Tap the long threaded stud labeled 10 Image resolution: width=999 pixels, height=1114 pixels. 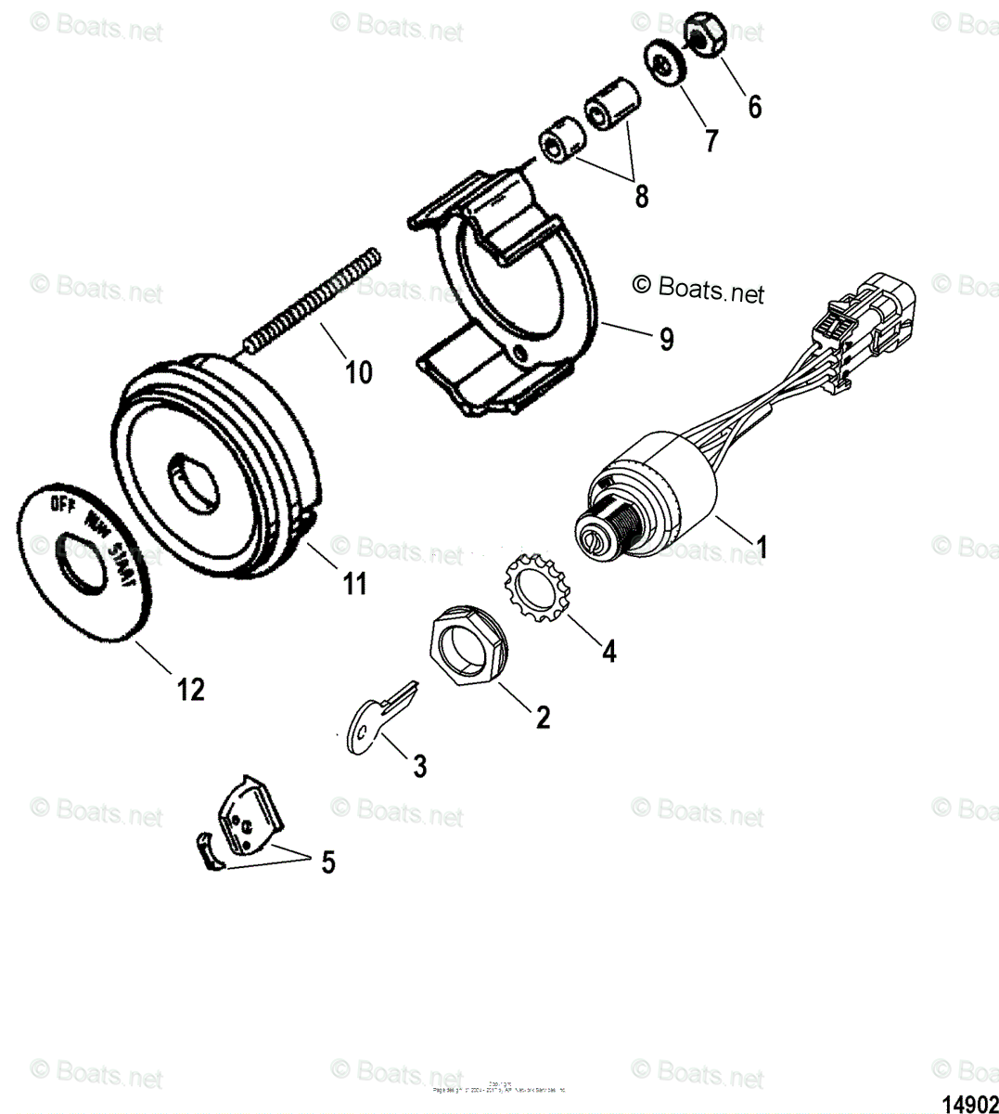click(312, 301)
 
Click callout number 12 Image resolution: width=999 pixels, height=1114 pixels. click(191, 690)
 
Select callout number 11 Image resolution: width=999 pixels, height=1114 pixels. click(355, 584)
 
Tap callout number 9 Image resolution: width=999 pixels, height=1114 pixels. click(666, 340)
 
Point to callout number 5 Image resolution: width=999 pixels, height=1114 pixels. click(327, 862)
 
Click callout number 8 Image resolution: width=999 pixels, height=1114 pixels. click(641, 197)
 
